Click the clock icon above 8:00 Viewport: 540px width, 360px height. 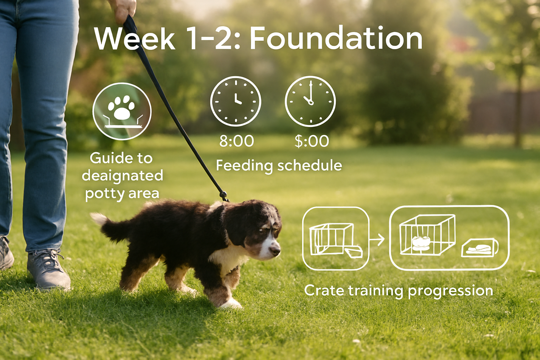(x=236, y=101)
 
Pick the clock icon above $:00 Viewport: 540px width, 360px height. (x=310, y=101)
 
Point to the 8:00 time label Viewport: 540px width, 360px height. (x=236, y=141)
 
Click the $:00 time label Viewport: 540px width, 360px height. (x=312, y=141)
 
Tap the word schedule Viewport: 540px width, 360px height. (x=310, y=165)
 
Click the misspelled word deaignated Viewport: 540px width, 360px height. (x=122, y=175)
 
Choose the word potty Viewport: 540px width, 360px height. (x=102, y=193)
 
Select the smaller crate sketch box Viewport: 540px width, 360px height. (x=335, y=238)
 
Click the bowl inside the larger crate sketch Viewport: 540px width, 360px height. (x=421, y=243)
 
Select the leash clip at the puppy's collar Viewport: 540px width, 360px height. (x=223, y=196)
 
